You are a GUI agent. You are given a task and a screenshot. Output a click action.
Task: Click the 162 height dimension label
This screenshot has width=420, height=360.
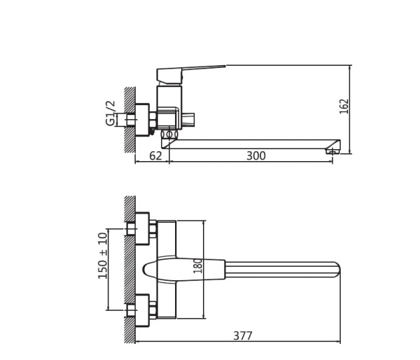344,106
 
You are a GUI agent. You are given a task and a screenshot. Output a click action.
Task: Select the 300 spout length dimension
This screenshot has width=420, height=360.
255,156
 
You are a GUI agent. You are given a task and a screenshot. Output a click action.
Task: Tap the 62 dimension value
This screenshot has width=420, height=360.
155,156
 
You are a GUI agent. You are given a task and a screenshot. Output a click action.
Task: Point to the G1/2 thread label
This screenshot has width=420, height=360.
111,113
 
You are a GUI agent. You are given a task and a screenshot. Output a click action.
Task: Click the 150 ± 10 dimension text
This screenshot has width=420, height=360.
103,255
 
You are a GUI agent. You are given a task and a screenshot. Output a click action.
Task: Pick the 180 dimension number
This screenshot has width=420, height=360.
197,265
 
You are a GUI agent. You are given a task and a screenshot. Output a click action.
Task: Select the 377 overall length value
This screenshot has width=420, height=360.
242,336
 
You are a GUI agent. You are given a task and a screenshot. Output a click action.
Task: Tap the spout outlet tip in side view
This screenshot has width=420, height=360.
333,148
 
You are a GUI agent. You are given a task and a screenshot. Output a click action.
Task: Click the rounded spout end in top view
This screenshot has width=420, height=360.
334,270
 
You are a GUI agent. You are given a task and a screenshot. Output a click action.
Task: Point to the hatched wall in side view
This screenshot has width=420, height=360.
129,119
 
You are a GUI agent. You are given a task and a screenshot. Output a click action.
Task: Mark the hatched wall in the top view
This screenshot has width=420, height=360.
129,270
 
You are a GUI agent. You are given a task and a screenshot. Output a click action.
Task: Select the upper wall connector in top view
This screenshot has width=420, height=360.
141,228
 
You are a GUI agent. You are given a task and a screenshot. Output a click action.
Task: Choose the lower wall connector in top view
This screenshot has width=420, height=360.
141,310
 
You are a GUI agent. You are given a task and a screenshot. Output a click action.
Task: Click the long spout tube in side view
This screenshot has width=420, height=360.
252,144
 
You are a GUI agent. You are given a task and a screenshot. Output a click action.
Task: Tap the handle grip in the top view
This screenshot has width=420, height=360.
185,270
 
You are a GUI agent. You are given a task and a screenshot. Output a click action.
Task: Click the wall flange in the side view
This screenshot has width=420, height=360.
142,120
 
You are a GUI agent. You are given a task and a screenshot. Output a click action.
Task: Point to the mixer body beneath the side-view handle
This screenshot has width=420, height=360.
169,105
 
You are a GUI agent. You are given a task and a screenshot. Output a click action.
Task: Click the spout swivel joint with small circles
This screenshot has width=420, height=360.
169,134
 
